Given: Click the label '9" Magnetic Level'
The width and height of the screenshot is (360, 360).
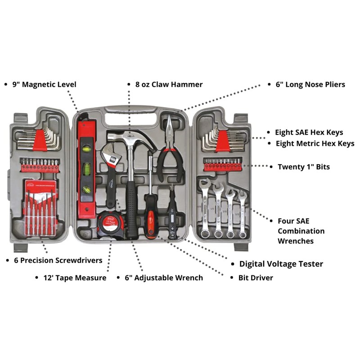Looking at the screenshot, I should pyautogui.click(x=44, y=84).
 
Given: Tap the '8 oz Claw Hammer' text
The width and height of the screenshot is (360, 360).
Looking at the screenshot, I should pyautogui.click(x=169, y=84).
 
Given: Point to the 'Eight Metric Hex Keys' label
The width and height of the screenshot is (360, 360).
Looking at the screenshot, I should pyautogui.click(x=315, y=144).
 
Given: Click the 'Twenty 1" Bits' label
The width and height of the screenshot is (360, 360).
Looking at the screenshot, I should pyautogui.click(x=303, y=166).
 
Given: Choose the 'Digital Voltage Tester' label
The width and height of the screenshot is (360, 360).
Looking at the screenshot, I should pyautogui.click(x=281, y=264).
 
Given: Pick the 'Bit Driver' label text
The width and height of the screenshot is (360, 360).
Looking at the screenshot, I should pyautogui.click(x=256, y=278).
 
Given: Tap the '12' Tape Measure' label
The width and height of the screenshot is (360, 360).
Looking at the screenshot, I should pyautogui.click(x=75, y=278).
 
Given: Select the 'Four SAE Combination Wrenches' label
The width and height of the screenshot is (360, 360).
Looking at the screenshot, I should pyautogui.click(x=301, y=231).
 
